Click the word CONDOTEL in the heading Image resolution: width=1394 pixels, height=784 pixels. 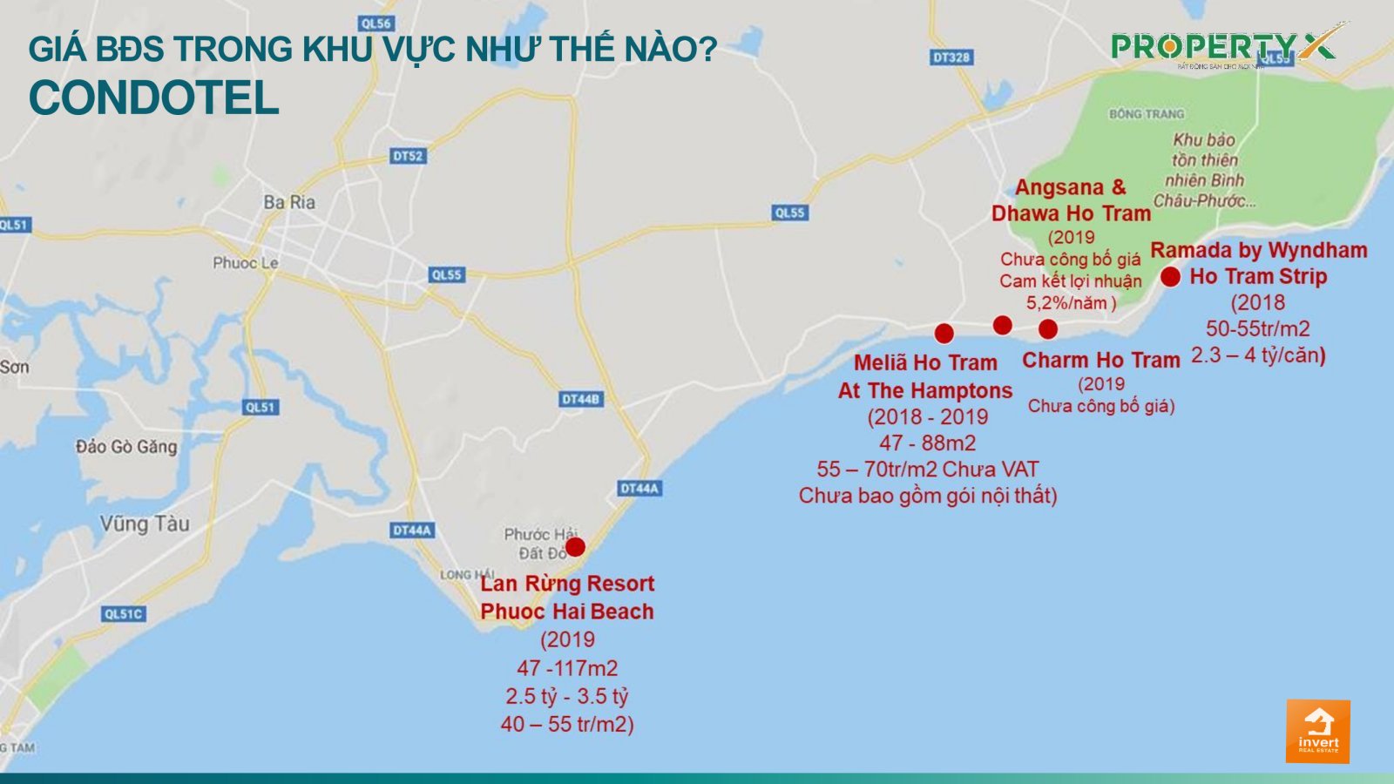click(x=153, y=98)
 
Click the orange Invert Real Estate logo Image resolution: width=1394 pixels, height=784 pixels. click(x=1317, y=731)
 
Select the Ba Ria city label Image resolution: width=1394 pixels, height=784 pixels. click(x=289, y=202)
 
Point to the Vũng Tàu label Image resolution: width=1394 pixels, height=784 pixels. click(x=144, y=524)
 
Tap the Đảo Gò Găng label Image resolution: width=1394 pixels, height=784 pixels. click(x=126, y=447)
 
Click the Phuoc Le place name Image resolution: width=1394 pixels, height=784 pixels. click(x=246, y=262)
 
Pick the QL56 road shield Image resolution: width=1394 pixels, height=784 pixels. click(x=376, y=24)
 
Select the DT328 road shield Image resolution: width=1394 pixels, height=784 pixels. click(x=951, y=57)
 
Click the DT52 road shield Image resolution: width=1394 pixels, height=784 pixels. click(x=408, y=156)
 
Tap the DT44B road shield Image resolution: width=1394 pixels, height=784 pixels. click(x=580, y=399)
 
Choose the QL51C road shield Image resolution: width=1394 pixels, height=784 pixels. click(x=123, y=613)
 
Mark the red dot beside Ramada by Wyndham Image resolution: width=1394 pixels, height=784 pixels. click(x=1170, y=277)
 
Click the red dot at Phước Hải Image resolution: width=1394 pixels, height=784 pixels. click(x=575, y=547)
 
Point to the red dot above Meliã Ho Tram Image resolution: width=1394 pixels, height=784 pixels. click(x=944, y=333)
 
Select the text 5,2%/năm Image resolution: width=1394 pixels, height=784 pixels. click(x=1071, y=303)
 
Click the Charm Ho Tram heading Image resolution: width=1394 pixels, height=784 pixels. click(x=1100, y=360)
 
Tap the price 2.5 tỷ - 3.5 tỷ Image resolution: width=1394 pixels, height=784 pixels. click(x=566, y=697)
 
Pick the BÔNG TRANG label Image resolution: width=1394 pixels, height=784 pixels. click(x=1146, y=114)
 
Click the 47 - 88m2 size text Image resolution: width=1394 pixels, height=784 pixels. click(x=927, y=443)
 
